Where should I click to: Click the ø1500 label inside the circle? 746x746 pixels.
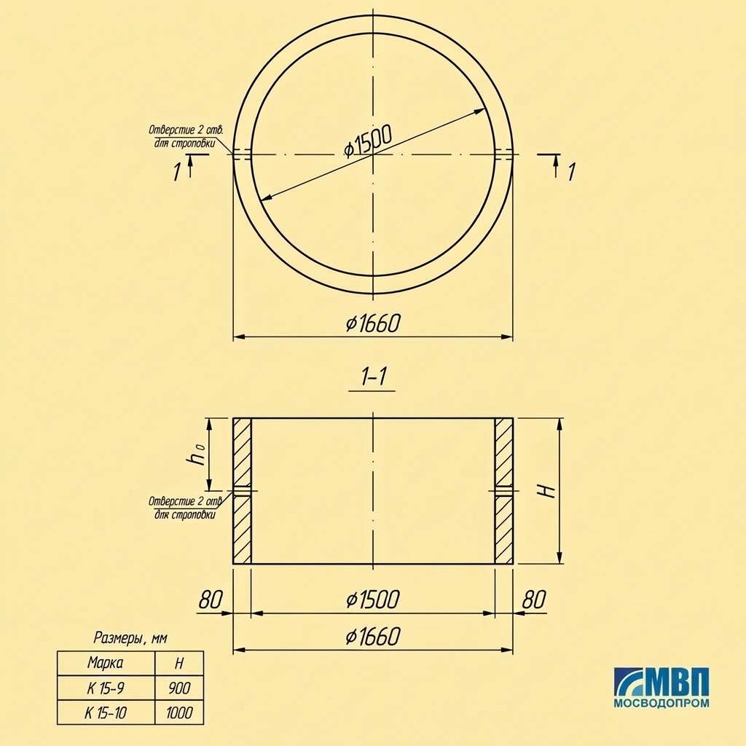point(368,141)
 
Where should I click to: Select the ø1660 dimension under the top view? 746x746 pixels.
point(373,323)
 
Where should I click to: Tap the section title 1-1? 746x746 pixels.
point(372,377)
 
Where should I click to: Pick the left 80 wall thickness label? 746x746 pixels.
point(210,600)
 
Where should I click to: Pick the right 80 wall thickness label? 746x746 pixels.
point(533,600)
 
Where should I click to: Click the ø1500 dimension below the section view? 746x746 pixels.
point(373,600)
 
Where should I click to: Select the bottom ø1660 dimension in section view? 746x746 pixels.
point(373,637)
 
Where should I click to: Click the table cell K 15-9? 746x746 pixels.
point(106,688)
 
